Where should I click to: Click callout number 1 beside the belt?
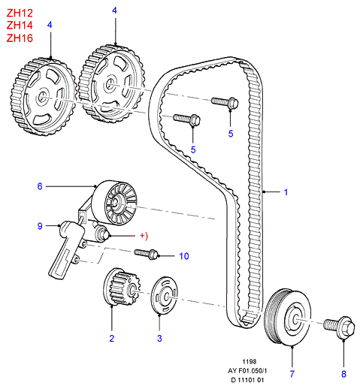pos(286,191)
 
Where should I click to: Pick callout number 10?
pos(183,255)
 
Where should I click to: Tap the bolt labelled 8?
pos(334,326)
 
